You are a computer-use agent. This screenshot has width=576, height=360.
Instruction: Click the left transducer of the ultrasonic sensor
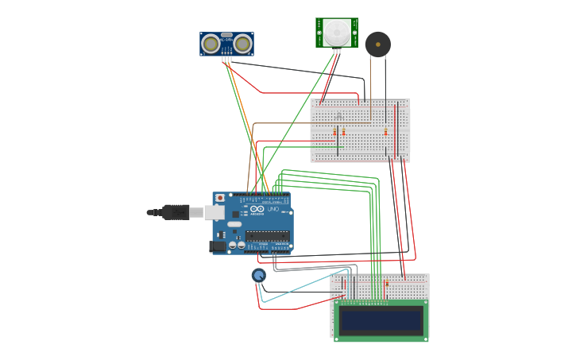pos(211,44)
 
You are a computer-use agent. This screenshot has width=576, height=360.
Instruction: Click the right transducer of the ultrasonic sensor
pos(242,44)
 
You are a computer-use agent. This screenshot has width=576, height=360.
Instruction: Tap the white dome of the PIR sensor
pos(336,32)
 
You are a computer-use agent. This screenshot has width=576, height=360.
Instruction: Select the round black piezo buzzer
pos(377,44)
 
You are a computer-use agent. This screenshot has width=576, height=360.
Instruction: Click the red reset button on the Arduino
pos(220,198)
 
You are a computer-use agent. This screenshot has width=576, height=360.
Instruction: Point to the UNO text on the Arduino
pos(273,209)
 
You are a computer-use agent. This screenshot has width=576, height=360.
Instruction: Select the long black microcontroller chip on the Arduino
pos(267,234)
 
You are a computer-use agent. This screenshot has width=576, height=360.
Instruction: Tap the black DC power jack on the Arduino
pos(216,246)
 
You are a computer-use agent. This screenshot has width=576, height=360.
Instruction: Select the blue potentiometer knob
pos(258,275)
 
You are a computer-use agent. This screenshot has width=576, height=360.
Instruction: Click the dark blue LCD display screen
pos(381,320)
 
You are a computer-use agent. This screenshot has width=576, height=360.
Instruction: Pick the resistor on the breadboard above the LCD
pos(387,283)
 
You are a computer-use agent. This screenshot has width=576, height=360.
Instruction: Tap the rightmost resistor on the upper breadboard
pos(386,132)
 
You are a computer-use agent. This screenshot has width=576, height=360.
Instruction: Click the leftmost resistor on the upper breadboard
pos(335,131)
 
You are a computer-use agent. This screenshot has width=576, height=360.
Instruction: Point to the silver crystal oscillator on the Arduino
pos(235,224)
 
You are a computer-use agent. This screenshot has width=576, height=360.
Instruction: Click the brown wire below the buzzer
pos(370,87)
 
